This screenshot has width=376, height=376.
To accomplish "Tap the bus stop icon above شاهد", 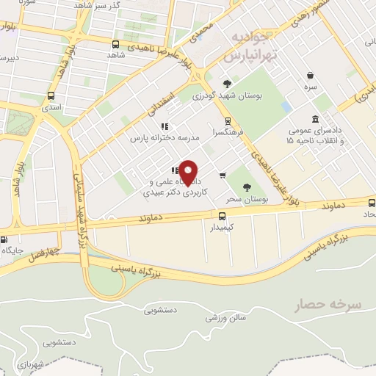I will (115, 44).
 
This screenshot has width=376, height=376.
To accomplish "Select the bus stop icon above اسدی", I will (51, 95).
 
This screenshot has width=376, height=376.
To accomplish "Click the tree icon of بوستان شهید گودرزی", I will (227, 84).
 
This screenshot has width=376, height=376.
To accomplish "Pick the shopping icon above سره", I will (312, 75).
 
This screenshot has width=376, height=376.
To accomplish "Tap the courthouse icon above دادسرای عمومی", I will (315, 119).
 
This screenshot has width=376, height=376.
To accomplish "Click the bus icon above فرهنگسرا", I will (228, 121).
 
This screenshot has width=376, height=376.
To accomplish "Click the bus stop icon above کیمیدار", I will (222, 215).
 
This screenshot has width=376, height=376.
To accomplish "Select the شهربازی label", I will (27, 364).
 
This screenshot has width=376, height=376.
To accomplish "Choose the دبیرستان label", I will (16, 57).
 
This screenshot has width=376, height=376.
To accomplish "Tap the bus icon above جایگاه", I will (4, 239).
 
